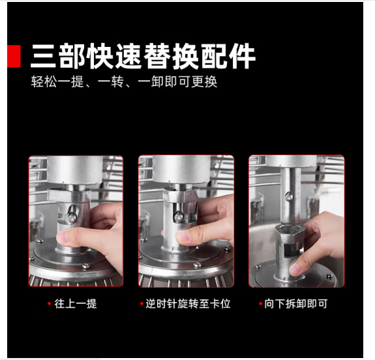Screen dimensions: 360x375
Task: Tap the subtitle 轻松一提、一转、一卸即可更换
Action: pos(124,83)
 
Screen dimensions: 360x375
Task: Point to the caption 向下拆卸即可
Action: pos(300,304)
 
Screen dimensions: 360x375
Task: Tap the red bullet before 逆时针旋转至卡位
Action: pos(141,304)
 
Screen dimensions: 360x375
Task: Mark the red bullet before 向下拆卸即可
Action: pos(260,304)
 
